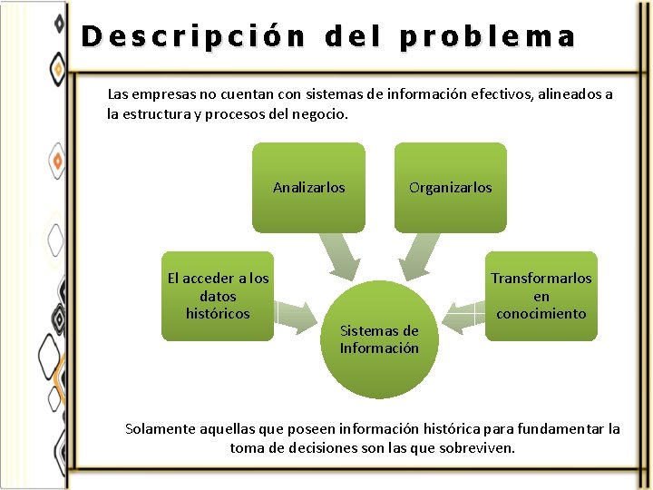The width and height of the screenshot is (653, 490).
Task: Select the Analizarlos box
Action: click(x=308, y=188)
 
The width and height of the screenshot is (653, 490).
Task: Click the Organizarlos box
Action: click(x=450, y=188)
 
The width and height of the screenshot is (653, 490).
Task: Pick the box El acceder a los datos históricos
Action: click(x=218, y=296)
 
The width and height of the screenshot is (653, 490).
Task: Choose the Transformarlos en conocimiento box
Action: click(x=541, y=296)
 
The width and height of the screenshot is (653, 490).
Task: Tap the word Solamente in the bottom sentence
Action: click(x=158, y=428)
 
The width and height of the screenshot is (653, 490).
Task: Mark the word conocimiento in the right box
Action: click(x=541, y=314)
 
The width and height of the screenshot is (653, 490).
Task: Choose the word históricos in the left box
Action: click(x=218, y=313)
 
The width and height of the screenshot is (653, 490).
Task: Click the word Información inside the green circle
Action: click(x=379, y=348)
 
